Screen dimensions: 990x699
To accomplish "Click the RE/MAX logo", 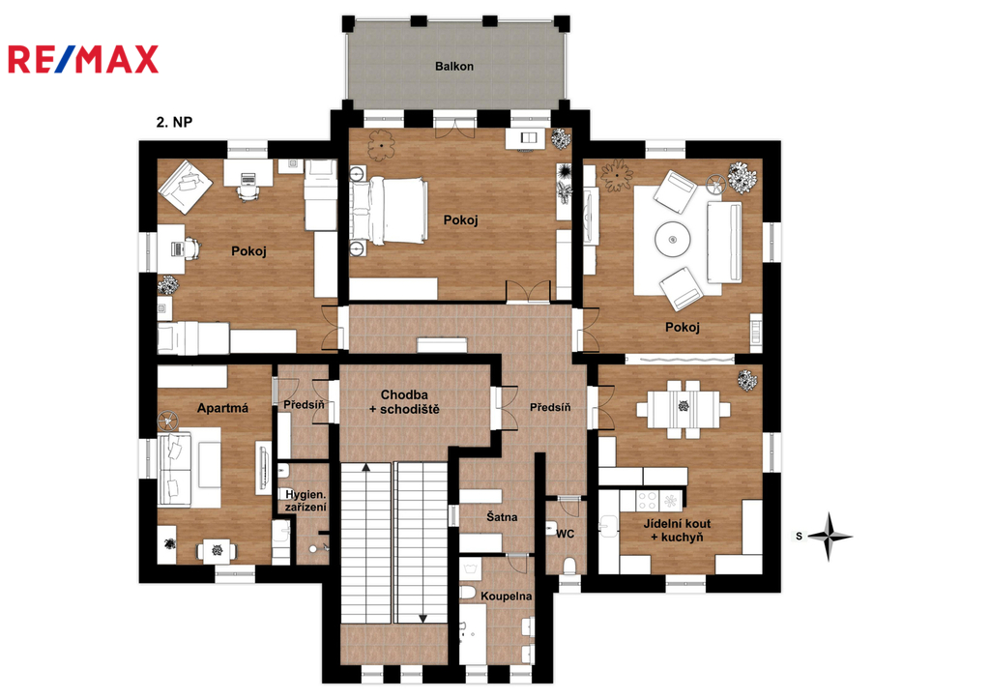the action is pyautogui.click(x=83, y=59).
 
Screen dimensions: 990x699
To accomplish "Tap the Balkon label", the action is pyautogui.click(x=454, y=67).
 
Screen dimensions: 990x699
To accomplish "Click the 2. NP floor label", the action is pyautogui.click(x=174, y=122).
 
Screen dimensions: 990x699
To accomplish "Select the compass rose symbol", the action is pyautogui.click(x=830, y=537).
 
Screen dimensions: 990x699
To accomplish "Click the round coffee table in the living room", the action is pyautogui.click(x=673, y=240).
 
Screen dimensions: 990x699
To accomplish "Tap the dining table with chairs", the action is pyautogui.click(x=684, y=409).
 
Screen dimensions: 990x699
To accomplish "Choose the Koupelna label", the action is pyautogui.click(x=506, y=597).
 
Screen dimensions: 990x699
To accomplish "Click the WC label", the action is pyautogui.click(x=565, y=534).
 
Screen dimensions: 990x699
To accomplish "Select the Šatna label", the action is pyautogui.click(x=502, y=517).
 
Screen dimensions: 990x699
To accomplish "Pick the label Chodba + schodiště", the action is pyautogui.click(x=404, y=402).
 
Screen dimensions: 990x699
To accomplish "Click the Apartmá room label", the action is pyautogui.click(x=222, y=408).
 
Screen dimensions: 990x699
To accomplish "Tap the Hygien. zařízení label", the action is pyautogui.click(x=306, y=501).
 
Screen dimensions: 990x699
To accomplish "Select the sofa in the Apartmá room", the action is pyautogui.click(x=174, y=469).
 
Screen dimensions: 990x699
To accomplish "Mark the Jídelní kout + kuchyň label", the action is pyautogui.click(x=677, y=531).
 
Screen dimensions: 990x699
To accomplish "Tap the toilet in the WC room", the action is pyautogui.click(x=568, y=566).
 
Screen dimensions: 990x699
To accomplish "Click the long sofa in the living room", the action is pyautogui.click(x=724, y=243).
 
